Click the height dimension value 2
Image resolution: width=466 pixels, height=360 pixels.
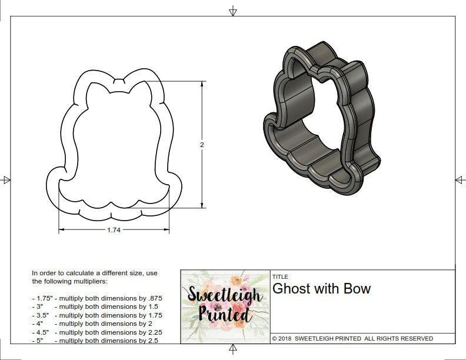coord(201,145)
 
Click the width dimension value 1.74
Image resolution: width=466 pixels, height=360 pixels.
coord(114,230)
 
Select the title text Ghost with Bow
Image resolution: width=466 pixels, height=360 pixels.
coord(321,289)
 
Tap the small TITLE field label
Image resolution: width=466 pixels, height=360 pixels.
coord(280,276)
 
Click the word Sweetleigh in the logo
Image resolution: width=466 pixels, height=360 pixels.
coord(225,294)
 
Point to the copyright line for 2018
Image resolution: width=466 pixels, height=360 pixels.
coord(352,338)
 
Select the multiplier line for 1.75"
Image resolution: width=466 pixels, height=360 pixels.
coord(96,298)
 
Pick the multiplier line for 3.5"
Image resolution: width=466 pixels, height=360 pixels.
coord(96,315)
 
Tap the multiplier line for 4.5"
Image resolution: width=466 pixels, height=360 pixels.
coord(96,332)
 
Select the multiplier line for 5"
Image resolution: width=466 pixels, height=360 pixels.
coord(94,340)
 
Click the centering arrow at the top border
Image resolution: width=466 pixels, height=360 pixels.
coord(233,11)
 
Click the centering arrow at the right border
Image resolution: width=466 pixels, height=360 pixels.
coord(460,179)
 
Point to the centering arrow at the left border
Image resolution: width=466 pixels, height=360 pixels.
coord(6,179)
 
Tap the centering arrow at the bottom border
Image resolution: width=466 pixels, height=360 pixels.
coord(233,350)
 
